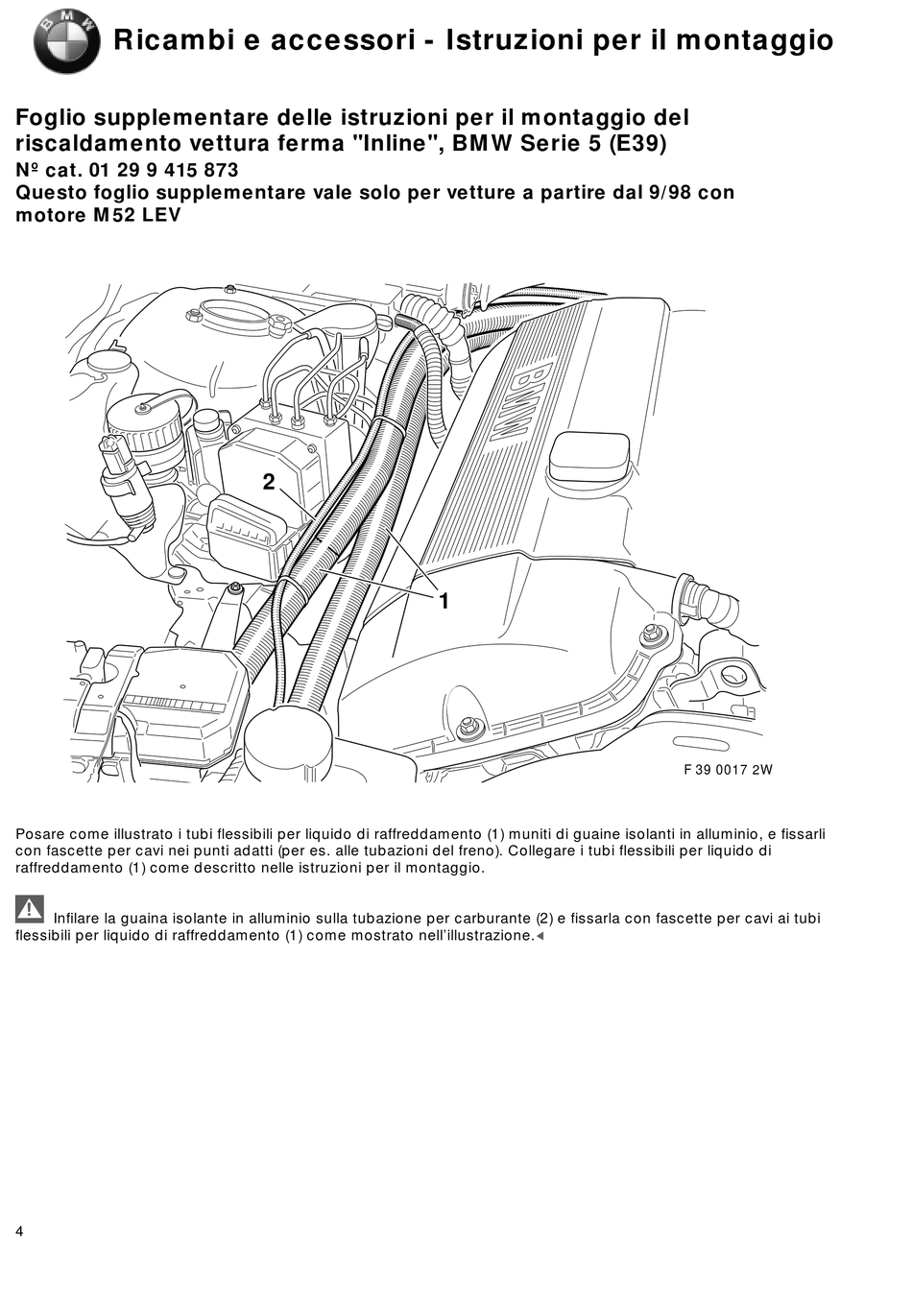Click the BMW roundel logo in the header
click(66, 43)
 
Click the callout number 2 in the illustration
click(269, 482)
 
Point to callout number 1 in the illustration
click(444, 601)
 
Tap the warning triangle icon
click(30, 909)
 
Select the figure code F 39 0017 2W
click(728, 770)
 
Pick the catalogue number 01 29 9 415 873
click(164, 170)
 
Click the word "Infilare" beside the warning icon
click(76, 918)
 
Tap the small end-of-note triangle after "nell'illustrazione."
click(540, 936)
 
